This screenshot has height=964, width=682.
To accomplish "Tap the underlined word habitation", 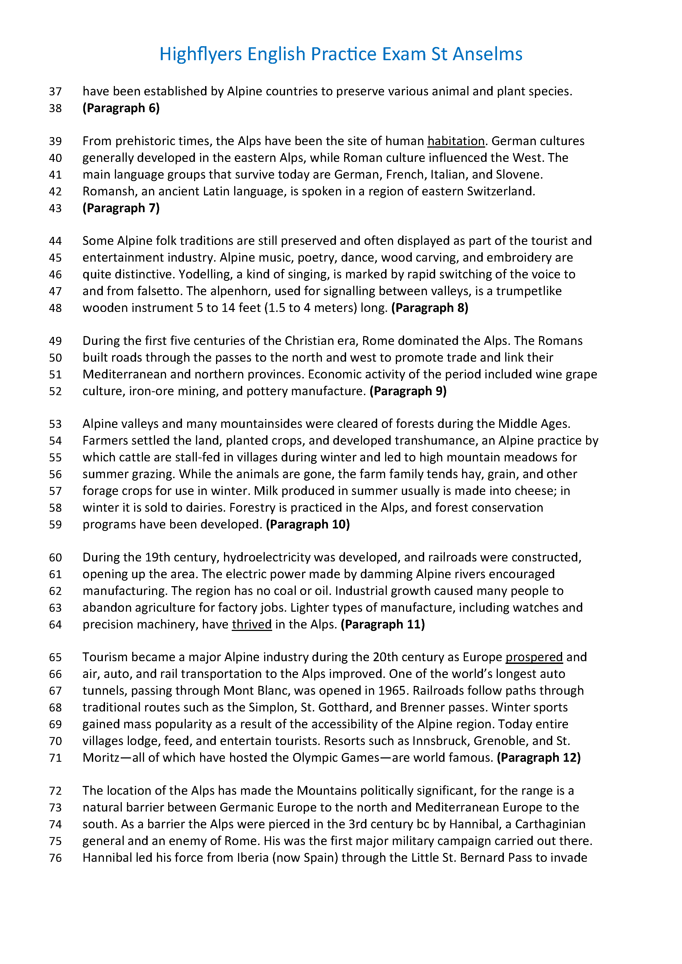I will (456, 141).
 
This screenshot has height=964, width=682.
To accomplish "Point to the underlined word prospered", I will (534, 657).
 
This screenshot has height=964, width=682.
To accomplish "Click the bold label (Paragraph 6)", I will (121, 108).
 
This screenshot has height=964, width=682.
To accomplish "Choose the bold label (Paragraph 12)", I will (539, 758).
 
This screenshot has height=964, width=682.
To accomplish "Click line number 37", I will (56, 92).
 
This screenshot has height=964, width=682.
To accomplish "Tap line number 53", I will (56, 424).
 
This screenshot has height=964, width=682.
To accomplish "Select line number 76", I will (56, 858).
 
